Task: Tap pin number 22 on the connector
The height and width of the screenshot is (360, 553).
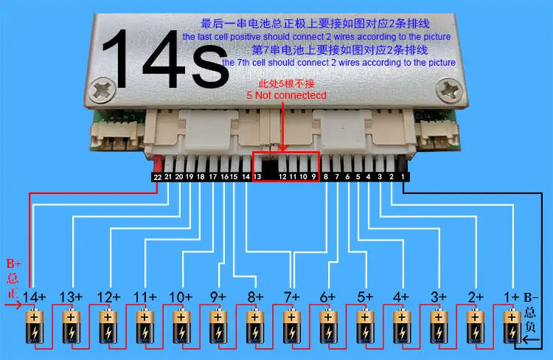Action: click(x=157, y=177)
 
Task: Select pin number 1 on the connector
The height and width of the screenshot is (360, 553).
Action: click(x=403, y=177)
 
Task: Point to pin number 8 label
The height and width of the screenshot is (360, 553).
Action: click(x=326, y=177)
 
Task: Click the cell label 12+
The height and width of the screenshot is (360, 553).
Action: click(x=108, y=297)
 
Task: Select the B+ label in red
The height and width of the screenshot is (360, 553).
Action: click(x=14, y=263)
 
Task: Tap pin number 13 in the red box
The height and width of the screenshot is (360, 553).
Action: click(x=257, y=177)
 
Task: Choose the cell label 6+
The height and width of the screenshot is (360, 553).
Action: click(x=328, y=297)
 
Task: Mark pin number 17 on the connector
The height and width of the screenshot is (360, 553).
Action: click(x=212, y=177)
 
